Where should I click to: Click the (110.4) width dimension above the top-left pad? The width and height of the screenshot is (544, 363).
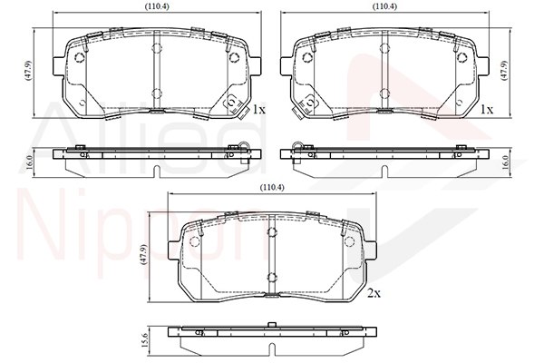pos(157,6)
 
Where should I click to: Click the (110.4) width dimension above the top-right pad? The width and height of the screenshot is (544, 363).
pos(384,6)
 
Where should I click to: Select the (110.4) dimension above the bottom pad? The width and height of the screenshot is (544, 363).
pos(272,188)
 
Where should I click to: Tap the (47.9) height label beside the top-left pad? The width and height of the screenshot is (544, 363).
pos(28,71)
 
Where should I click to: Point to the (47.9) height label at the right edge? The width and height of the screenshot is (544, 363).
pos(504,71)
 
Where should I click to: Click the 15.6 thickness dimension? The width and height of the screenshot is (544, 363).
pos(145,341)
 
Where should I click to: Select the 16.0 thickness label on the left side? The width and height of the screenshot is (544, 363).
pos(29,162)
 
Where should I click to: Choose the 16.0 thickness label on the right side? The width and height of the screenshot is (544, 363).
pos(505,162)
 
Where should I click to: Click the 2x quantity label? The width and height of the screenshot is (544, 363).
pos(374,293)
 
